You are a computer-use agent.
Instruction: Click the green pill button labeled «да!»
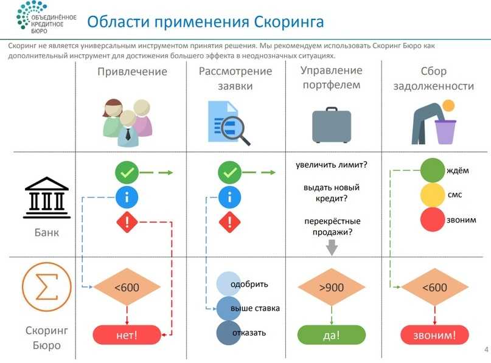(331, 334)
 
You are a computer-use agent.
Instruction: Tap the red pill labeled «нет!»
(127, 334)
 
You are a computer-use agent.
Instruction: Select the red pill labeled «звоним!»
(433, 334)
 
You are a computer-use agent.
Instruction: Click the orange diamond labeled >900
(331, 288)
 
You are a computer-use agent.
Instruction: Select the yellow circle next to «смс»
(433, 195)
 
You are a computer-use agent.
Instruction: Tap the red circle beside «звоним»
(433, 219)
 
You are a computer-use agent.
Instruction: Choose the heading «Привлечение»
(132, 72)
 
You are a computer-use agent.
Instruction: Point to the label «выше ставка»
(255, 308)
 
